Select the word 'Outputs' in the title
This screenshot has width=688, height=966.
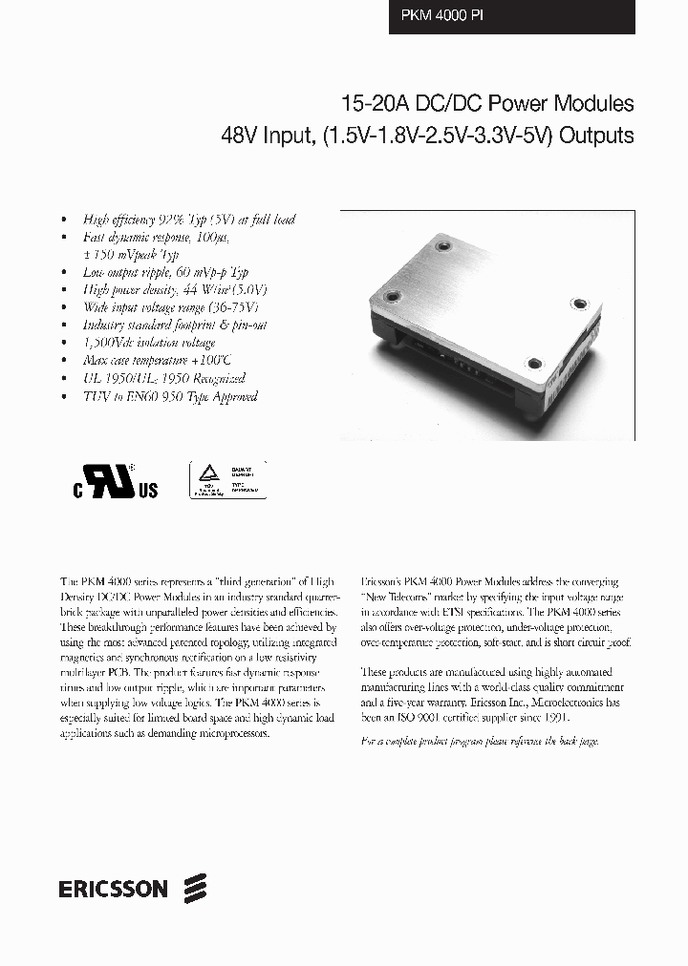596,136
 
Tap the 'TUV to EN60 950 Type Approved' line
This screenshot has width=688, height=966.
169,395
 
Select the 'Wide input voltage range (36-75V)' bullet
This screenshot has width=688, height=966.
171,307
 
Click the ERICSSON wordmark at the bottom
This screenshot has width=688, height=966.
112,890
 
